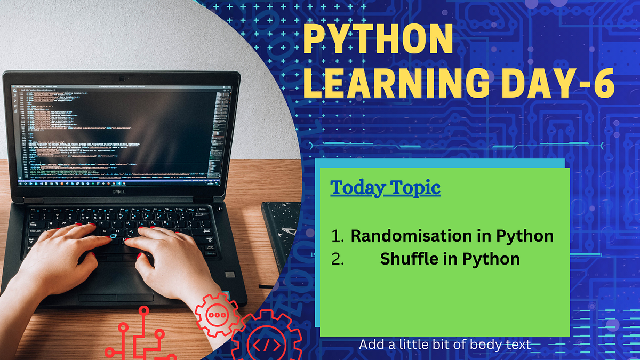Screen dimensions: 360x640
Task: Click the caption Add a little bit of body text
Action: (445, 345)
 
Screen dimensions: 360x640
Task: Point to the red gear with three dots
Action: (216, 315)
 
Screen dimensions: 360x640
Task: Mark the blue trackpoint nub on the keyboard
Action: (113, 236)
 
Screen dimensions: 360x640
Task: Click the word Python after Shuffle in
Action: (491, 259)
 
